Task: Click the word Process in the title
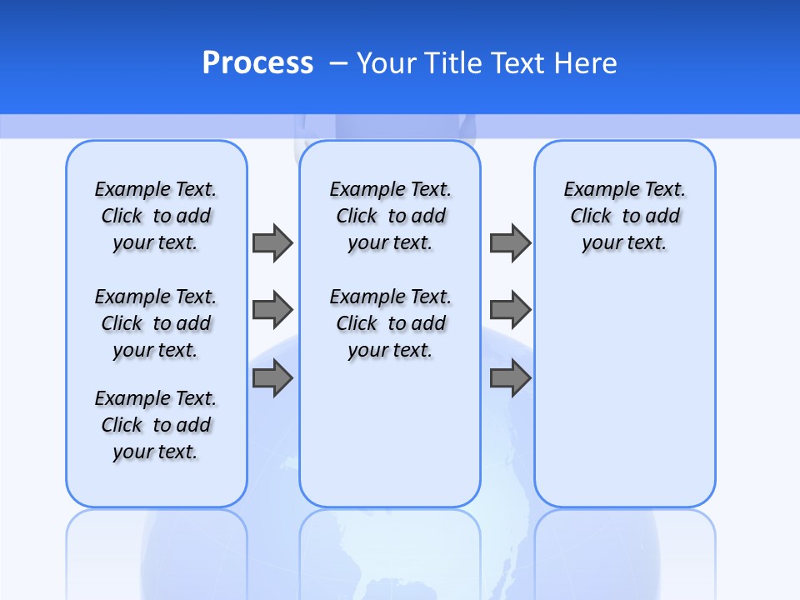click(257, 62)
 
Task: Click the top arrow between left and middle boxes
click(272, 242)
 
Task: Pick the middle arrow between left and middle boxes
click(272, 310)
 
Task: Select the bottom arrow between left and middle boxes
click(272, 378)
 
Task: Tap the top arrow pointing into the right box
click(510, 242)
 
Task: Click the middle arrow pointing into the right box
click(510, 310)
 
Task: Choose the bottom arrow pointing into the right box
click(510, 378)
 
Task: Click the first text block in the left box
click(156, 216)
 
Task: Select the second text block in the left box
click(156, 323)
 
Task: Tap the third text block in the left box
click(156, 425)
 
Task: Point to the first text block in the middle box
click(390, 216)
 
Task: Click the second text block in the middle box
click(390, 323)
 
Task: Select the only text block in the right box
click(624, 216)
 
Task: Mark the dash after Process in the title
click(338, 62)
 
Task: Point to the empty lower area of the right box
click(624, 400)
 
